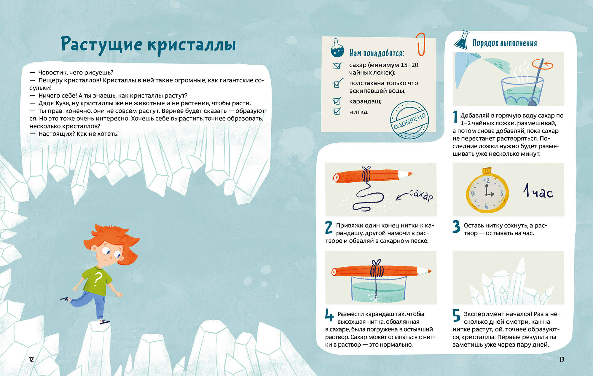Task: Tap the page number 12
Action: click(x=31, y=359)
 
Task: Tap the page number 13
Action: click(x=562, y=359)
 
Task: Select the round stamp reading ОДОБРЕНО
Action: click(x=409, y=120)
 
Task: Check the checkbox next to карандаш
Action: click(x=337, y=101)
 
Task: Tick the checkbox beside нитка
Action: click(x=337, y=111)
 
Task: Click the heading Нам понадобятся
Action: click(x=377, y=53)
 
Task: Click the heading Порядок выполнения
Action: click(x=505, y=43)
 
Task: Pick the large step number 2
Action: click(x=329, y=228)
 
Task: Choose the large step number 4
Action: click(x=329, y=315)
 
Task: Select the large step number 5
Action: click(x=457, y=315)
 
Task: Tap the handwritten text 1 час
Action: click(x=538, y=191)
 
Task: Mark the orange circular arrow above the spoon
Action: click(x=543, y=64)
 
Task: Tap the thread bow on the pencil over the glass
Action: click(x=376, y=263)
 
